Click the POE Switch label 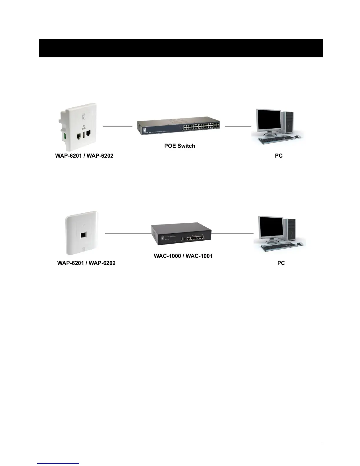[179, 146]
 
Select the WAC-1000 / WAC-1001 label [183, 256]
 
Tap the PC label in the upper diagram [279, 156]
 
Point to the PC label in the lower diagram [281, 263]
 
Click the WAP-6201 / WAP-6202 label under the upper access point [84, 156]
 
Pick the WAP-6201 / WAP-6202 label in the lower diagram [86, 263]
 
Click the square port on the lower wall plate [84, 235]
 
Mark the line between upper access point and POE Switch [117, 126]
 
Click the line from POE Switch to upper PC [238, 126]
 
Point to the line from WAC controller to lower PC [232, 234]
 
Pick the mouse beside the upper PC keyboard [297, 137]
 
